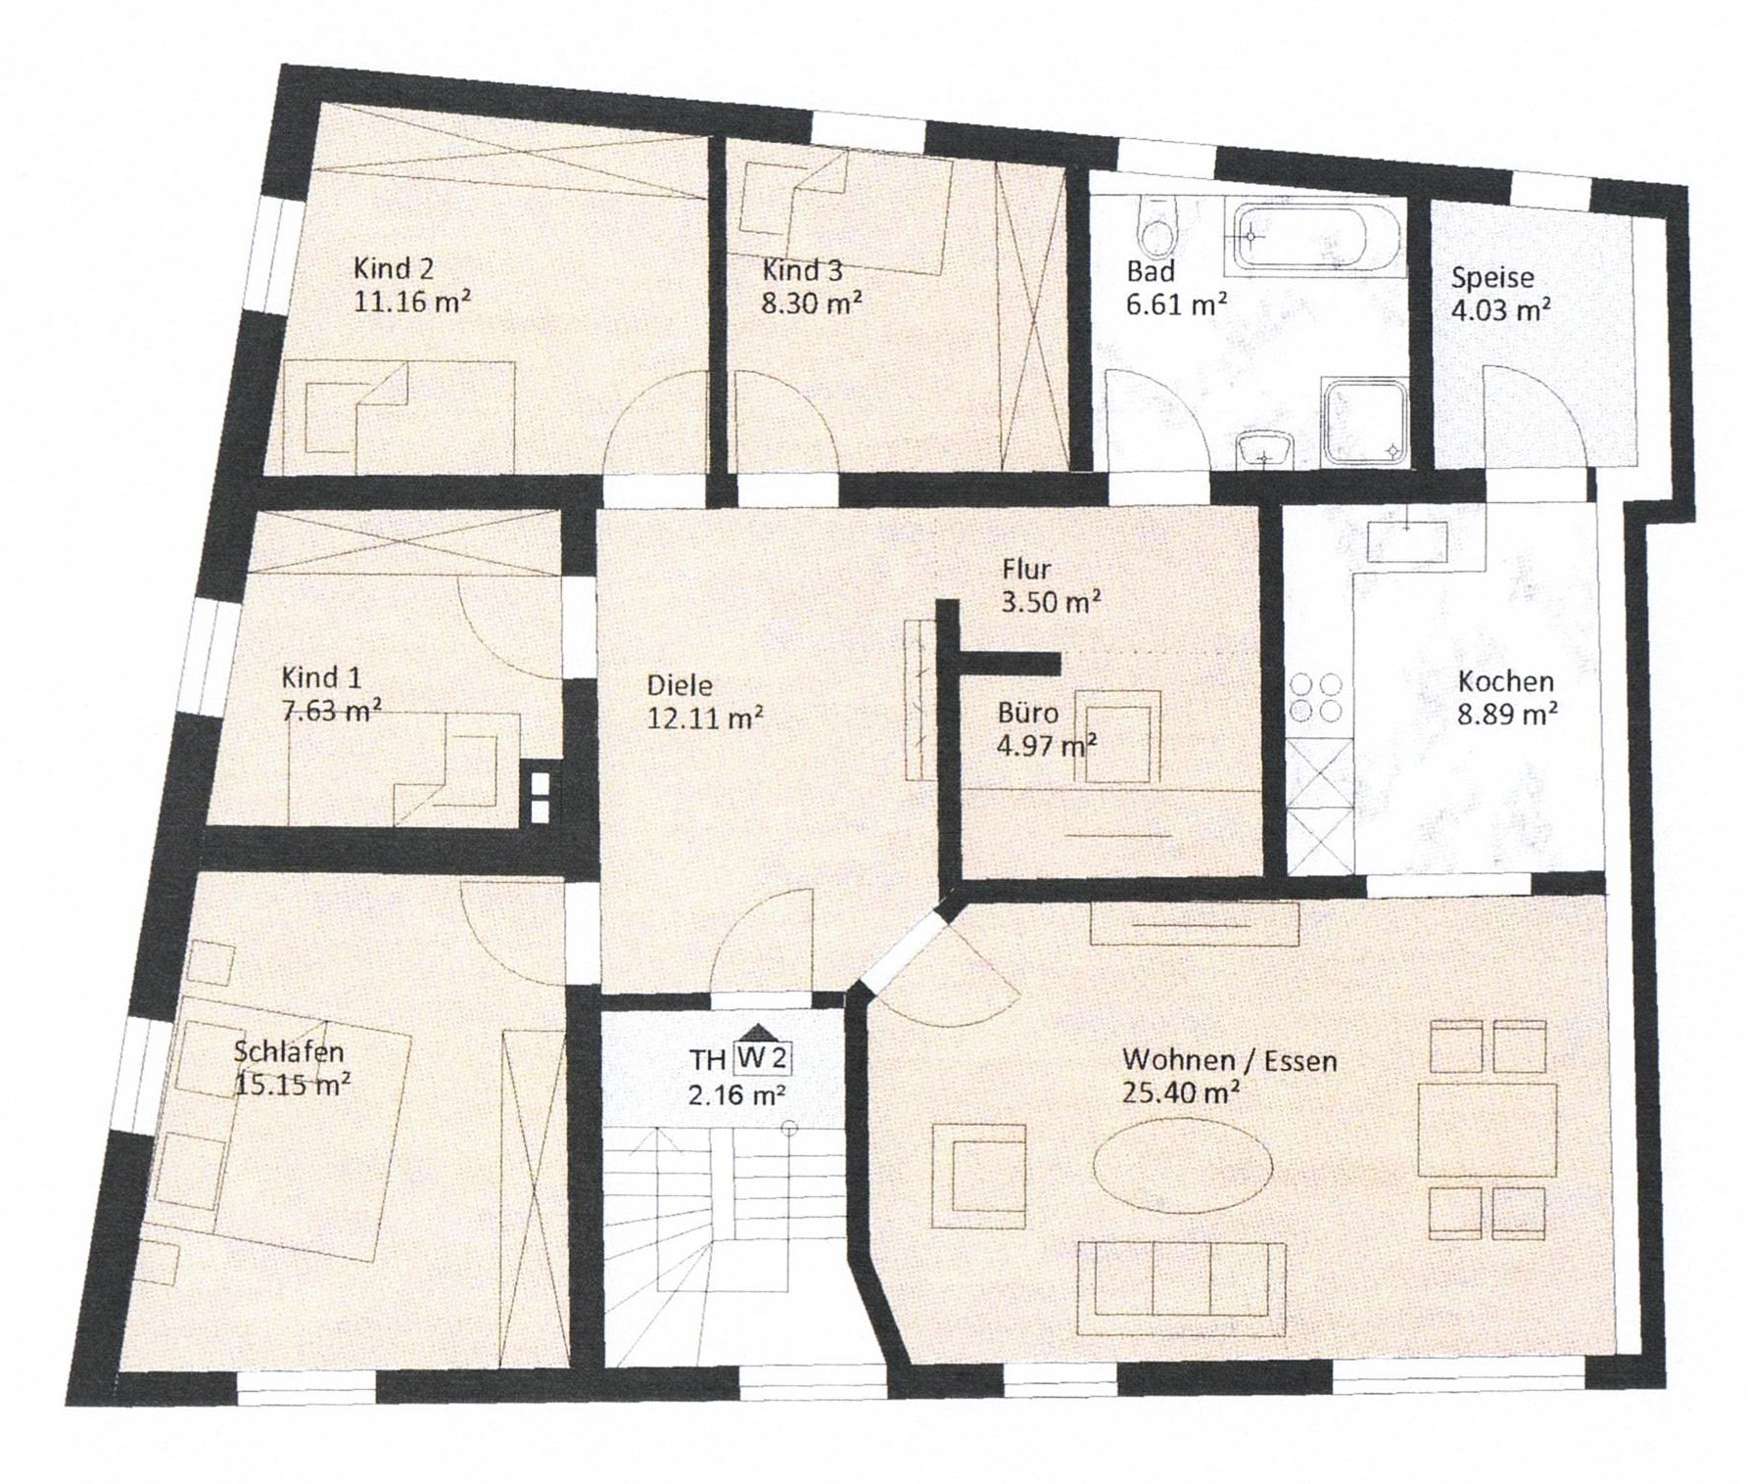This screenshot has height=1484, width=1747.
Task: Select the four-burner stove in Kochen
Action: point(1317,697)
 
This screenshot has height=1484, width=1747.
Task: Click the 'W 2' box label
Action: point(761,1058)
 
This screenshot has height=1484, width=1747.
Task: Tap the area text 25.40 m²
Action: point(1182,1092)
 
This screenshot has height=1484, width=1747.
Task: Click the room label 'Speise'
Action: point(1492,278)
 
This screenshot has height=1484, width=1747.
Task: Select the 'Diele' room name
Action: point(680,685)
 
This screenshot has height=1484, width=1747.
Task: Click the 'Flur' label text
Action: point(1026,569)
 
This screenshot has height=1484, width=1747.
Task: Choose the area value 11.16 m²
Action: point(411,301)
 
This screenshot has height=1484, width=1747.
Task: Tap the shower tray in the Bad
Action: point(1365,421)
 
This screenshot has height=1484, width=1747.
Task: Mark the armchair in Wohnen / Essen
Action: point(978,1176)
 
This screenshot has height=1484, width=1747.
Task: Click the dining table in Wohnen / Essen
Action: point(1487,1129)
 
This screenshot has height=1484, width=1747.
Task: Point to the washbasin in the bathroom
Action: point(1266,450)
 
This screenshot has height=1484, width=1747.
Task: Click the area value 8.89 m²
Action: point(1507,715)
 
